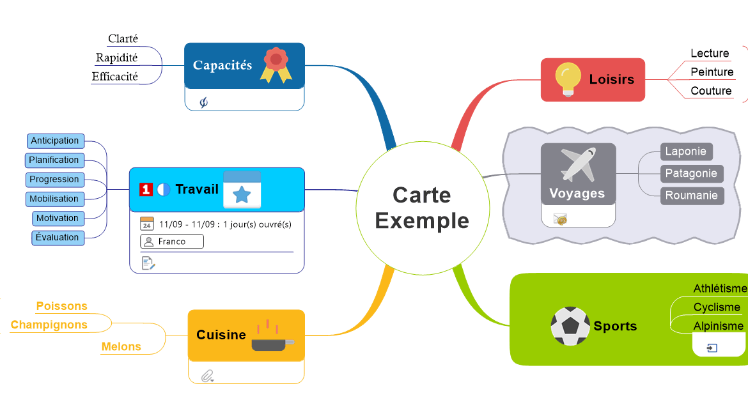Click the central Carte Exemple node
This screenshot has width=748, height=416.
point(422,208)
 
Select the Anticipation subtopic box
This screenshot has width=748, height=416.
point(55,141)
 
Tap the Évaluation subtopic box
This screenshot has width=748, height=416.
point(58,238)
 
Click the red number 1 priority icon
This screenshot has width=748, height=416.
point(146,189)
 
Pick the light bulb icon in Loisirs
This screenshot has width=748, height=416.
point(567,79)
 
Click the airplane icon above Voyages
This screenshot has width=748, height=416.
point(578,164)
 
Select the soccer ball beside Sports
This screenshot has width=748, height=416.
point(570,326)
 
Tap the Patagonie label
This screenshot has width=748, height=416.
point(691,174)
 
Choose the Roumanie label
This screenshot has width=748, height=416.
point(691,196)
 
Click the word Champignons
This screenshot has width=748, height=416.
point(49,325)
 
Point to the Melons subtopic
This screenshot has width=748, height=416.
point(121,347)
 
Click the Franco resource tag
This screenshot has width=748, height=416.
point(171,242)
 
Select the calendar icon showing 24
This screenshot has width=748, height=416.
point(147,224)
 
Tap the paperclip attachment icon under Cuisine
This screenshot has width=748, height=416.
point(206,376)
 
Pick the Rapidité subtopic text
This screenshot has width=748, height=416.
point(116,58)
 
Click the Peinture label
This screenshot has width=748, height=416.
point(712,72)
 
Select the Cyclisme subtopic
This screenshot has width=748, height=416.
point(717,307)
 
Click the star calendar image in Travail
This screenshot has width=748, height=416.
point(242,190)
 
